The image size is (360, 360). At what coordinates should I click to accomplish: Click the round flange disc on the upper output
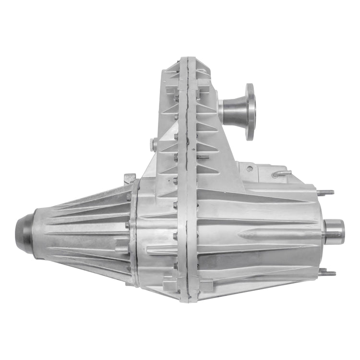point(250,111)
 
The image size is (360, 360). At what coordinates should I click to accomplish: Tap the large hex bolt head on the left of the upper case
point(153,144)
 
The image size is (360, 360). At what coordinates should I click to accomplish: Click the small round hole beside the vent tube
point(250,169)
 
